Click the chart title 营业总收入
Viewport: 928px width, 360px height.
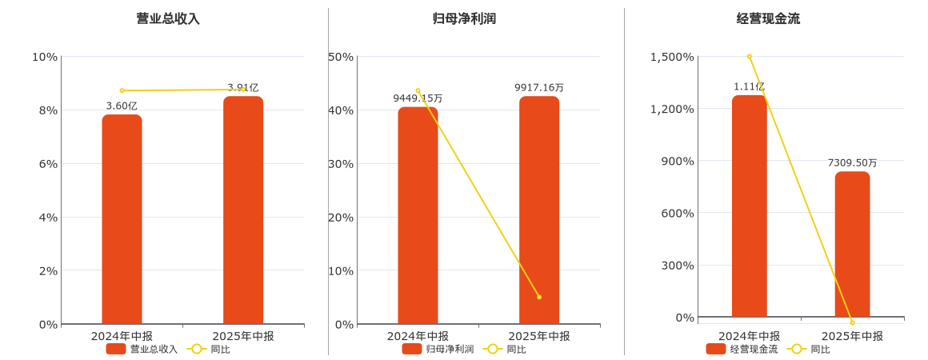coord(168,18)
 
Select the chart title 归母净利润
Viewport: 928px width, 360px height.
coord(464,18)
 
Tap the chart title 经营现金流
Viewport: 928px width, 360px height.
coord(768,18)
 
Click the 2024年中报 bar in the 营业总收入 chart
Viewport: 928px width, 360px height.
coord(122,220)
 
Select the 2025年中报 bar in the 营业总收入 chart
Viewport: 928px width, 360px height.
coord(243,210)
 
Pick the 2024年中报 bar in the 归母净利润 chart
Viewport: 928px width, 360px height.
coord(418,216)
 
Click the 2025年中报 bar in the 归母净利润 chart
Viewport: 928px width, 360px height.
coord(539,210)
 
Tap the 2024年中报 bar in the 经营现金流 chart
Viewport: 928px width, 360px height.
coord(749,206)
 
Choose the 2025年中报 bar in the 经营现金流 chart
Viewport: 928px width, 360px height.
coord(852,244)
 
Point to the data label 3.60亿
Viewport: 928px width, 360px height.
coord(122,106)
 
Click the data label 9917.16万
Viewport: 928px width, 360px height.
coord(539,87)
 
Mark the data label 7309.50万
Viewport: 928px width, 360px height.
coord(852,162)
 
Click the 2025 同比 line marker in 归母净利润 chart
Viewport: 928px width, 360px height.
coord(539,297)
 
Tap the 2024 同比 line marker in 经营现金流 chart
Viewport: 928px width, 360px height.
coord(749,57)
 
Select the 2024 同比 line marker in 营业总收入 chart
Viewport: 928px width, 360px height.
coord(122,90)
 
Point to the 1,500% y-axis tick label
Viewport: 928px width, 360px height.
coord(672,57)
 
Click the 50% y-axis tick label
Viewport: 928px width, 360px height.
coord(341,57)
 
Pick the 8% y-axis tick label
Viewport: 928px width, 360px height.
coord(45,110)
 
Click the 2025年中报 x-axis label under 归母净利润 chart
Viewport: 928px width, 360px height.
coord(539,336)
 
